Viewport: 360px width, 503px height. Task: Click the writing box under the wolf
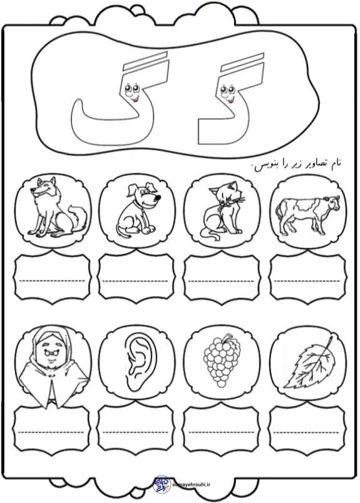click(53, 278)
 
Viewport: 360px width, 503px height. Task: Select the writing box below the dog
click(136, 278)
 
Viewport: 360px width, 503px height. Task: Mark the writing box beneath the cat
click(222, 278)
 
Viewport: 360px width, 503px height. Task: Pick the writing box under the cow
click(307, 278)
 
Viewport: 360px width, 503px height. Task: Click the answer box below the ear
click(136, 429)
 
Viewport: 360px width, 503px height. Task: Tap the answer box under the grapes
click(222, 429)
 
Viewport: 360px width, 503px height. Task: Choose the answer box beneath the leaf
click(307, 429)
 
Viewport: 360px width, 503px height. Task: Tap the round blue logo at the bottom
click(162, 484)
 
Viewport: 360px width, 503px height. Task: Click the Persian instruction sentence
click(297, 164)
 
